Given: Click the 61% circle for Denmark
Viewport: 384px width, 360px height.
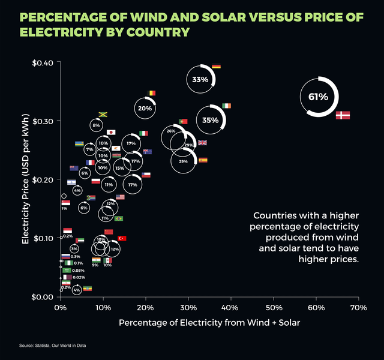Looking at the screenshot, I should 319,97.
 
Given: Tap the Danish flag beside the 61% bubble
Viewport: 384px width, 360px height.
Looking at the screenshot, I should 343,115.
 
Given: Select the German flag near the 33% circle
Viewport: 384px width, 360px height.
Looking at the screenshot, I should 216,66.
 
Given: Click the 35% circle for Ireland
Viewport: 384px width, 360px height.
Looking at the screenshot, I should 211,120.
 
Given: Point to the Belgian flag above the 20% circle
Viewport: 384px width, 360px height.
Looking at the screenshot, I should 152,93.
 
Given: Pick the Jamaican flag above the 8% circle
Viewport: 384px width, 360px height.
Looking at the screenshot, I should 103,115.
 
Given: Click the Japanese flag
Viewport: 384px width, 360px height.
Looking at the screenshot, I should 111,132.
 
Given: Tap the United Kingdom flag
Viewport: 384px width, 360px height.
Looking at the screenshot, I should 202,143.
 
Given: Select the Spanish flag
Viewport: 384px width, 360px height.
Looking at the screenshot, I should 203,160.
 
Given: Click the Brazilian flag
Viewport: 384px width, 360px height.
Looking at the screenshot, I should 119,218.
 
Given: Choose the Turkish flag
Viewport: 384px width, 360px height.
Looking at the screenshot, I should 122,238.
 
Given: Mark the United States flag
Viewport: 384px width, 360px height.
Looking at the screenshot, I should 120,197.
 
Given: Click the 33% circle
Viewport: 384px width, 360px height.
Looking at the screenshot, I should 200,79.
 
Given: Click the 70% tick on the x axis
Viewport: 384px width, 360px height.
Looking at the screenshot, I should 358,307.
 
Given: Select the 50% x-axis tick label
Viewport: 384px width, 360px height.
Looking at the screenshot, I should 273,307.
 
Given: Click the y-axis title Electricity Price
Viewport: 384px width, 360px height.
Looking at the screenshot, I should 26,180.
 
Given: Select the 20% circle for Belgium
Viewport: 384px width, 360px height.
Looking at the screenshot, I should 145,109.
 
